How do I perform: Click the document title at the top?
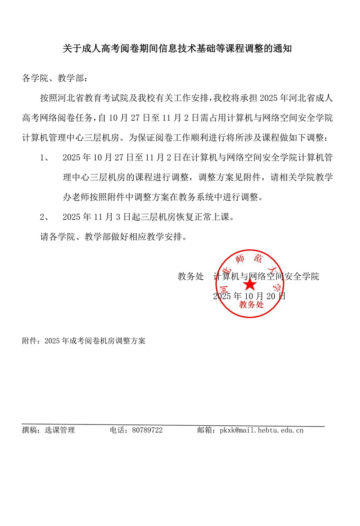(x=177, y=49)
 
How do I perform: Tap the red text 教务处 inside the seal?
(x=252, y=305)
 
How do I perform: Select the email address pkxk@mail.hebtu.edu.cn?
(x=261, y=430)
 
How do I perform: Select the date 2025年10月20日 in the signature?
(x=249, y=296)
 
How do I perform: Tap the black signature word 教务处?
(x=190, y=276)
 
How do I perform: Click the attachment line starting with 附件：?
(x=83, y=341)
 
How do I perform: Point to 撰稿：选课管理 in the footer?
(x=48, y=430)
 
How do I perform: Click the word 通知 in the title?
(x=282, y=49)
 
